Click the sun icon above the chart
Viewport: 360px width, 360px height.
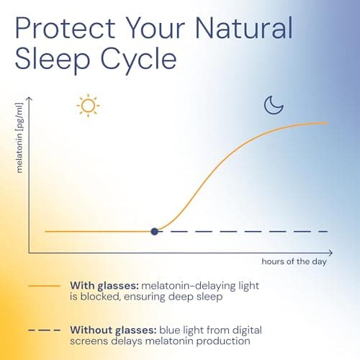87,106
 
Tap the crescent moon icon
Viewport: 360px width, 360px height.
273,105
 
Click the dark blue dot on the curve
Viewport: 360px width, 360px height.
155,231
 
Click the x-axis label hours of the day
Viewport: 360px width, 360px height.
294,261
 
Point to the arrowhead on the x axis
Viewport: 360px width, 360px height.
330,253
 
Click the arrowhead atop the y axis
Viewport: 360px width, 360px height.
29,95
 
